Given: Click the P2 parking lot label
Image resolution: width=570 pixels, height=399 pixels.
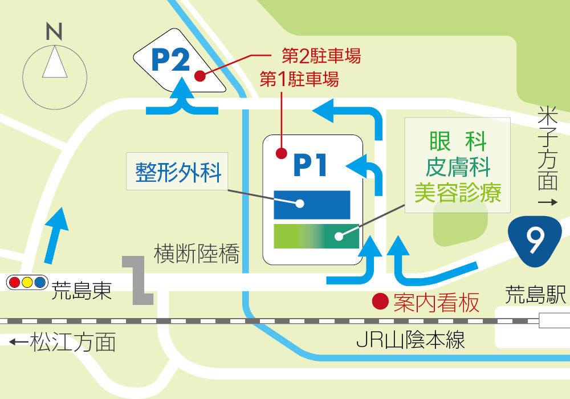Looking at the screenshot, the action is (x=170, y=59).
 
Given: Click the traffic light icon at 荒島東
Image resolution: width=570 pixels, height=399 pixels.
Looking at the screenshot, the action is (x=26, y=282).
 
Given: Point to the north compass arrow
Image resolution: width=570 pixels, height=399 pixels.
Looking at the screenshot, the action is (x=55, y=63).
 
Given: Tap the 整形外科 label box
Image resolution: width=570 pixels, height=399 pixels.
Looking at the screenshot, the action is (x=178, y=172).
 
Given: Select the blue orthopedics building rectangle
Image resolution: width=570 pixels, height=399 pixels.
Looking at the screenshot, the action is (x=312, y=204).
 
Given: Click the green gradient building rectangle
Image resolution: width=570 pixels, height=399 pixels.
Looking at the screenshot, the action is (x=316, y=236).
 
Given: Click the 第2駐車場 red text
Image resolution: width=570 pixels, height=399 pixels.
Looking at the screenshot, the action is (x=321, y=56).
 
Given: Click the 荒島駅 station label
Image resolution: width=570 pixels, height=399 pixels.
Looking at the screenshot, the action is (x=536, y=295).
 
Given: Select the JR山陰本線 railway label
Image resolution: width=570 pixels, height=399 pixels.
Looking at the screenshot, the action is (x=410, y=340).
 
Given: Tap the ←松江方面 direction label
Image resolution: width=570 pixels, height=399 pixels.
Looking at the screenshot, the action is (x=63, y=342).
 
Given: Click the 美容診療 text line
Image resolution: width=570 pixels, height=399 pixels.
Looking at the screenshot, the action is (x=458, y=193).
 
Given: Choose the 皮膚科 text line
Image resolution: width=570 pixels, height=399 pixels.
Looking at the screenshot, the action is (x=458, y=167).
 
